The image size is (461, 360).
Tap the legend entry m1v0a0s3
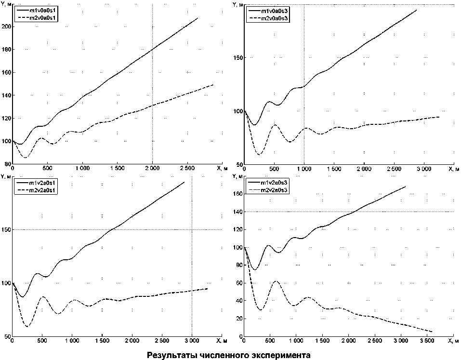click(273, 10)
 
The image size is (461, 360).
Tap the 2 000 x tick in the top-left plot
click(152, 169)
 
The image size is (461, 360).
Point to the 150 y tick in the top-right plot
click(237, 58)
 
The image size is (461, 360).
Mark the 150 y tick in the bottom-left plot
click(5, 230)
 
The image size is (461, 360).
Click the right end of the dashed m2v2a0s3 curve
click(432, 332)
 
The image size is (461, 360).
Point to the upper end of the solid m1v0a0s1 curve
click(198, 18)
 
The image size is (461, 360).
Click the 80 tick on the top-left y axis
click(7, 164)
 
